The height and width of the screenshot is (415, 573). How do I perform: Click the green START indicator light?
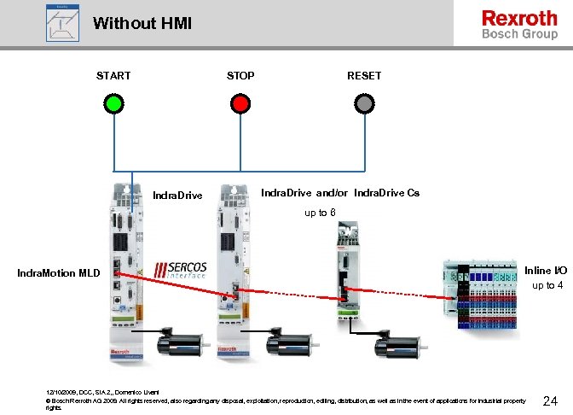click(114, 103)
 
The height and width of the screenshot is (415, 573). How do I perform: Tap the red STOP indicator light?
click(240, 103)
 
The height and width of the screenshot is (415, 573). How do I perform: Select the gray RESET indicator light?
click(365, 103)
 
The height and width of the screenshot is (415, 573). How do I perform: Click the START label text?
click(113, 76)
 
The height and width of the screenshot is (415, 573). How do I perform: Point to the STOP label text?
click(240, 76)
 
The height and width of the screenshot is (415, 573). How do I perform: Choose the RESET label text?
click(364, 76)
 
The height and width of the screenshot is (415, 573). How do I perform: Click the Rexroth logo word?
click(518, 18)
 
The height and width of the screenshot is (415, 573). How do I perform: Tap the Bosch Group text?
click(520, 35)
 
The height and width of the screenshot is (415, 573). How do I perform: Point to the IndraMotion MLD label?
click(59, 273)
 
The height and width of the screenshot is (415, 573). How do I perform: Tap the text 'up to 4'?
click(547, 285)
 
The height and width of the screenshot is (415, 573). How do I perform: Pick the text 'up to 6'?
click(320, 213)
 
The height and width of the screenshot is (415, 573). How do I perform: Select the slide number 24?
click(550, 400)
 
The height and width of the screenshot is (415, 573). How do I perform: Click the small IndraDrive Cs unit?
click(348, 273)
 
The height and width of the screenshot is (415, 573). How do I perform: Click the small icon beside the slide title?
click(62, 22)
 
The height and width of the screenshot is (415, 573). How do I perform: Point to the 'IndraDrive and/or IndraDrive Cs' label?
click(339, 193)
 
